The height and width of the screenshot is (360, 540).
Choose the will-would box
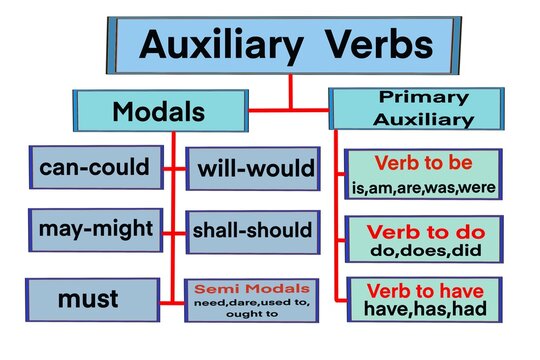[x=254, y=168]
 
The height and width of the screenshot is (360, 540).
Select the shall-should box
[x=254, y=231]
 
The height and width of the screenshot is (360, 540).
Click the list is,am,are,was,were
[x=423, y=186]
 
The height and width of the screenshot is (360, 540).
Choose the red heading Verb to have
[x=423, y=291]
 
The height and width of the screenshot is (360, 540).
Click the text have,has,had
[x=423, y=310]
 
